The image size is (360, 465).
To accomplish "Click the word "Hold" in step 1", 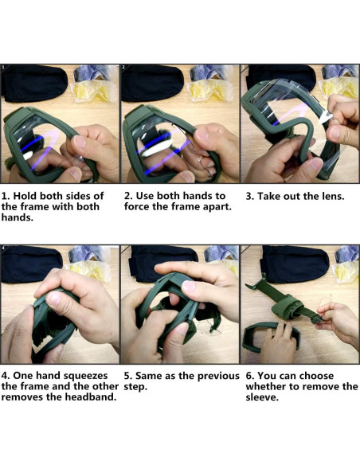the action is click(x=25, y=196).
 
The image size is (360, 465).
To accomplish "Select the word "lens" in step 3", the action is click(x=333, y=197).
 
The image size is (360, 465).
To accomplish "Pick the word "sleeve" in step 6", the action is click(x=262, y=397).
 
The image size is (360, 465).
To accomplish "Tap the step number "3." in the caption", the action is click(x=249, y=197).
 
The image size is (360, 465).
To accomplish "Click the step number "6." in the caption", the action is click(x=250, y=376).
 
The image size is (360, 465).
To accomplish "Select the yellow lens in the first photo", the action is click(x=94, y=91).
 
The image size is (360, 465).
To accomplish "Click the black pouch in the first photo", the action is click(x=33, y=84).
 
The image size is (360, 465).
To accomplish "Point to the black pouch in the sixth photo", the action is click(x=295, y=264).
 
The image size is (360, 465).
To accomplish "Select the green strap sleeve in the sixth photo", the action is click(x=286, y=308).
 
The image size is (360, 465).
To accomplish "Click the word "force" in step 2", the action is click(x=137, y=207).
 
